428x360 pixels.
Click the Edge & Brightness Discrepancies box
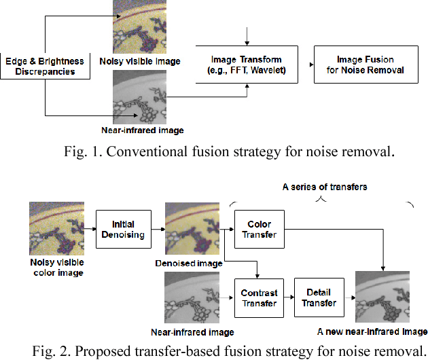(46, 65)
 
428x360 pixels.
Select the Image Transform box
(247, 65)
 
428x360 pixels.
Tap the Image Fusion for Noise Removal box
(365, 65)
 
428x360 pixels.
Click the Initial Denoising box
(123, 229)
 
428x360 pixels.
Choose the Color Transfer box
(260, 229)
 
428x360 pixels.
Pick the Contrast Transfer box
(260, 298)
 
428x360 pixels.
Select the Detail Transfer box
(319, 298)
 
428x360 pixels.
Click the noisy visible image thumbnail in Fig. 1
(140, 27)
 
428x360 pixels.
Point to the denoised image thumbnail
(193, 230)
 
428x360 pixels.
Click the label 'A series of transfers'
(325, 186)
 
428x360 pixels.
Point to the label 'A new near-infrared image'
(372, 331)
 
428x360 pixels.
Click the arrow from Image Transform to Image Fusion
(306, 65)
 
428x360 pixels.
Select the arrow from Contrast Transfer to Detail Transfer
(289, 298)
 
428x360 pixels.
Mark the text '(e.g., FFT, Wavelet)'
(247, 70)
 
